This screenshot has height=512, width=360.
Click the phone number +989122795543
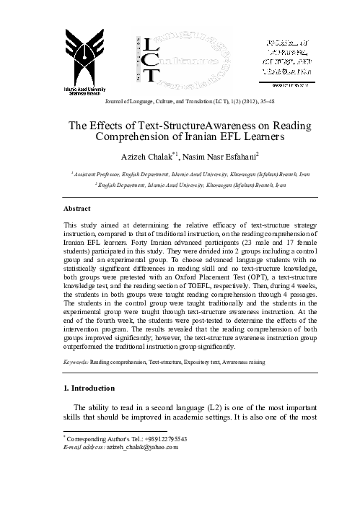pos(163,439)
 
